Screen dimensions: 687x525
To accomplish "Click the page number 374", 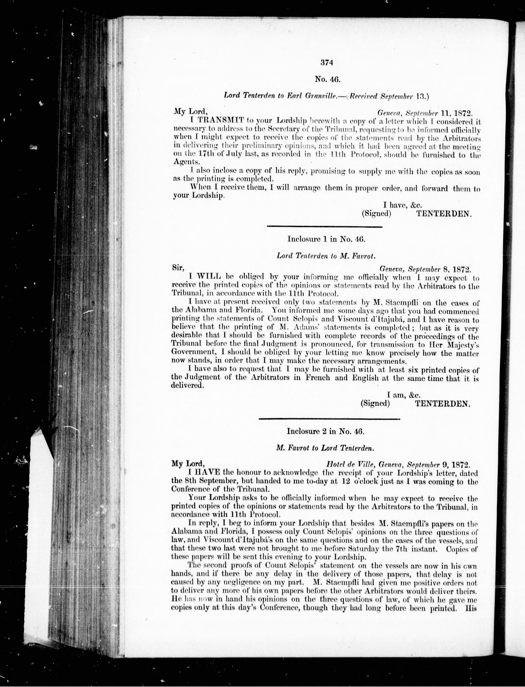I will click(327, 63).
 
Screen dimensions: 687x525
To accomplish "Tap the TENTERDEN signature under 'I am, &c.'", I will click(442, 403).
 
